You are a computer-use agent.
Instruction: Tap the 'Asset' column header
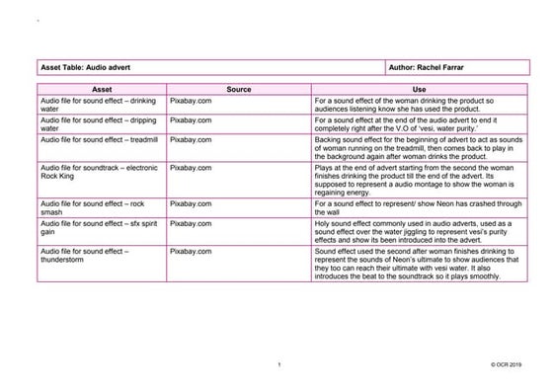pyautogui.click(x=101, y=89)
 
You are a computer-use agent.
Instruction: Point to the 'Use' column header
pyautogui.click(x=420, y=89)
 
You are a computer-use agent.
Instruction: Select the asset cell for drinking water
pyautogui.click(x=101, y=105)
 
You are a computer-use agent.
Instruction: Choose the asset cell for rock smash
pyautogui.click(x=101, y=207)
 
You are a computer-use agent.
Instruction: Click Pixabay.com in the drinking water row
pyautogui.click(x=191, y=101)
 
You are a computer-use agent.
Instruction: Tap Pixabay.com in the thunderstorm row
pyautogui.click(x=191, y=253)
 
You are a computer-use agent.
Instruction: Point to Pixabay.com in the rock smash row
pyautogui.click(x=191, y=203)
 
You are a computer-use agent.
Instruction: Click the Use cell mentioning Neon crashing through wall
pyautogui.click(x=420, y=207)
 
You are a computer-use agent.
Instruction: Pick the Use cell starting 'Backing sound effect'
pyautogui.click(x=420, y=148)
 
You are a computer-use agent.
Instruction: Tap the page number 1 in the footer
pyautogui.click(x=281, y=365)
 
